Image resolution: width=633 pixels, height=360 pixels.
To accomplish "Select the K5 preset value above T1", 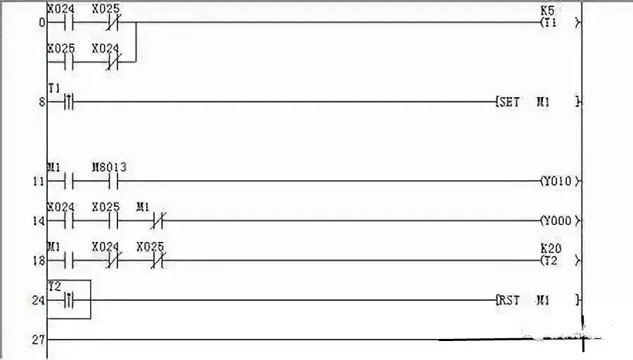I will tap(547, 11).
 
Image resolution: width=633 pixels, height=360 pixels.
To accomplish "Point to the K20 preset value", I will tap(551, 249).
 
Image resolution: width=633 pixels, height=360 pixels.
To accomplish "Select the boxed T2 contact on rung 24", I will tap(69, 300).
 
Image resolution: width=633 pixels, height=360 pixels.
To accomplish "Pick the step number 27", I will tap(38, 340).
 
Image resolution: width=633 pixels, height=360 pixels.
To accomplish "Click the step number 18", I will tap(38, 261).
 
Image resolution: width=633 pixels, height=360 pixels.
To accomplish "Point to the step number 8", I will tap(41, 102).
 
